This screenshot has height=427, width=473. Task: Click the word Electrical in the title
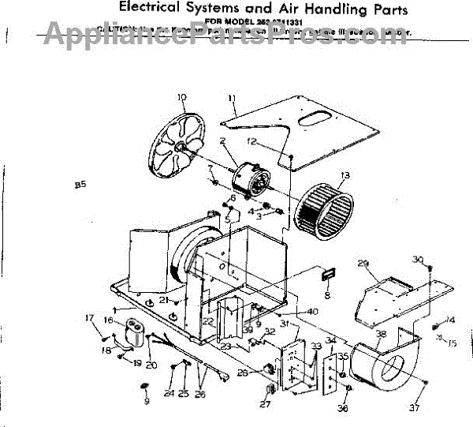(153, 9)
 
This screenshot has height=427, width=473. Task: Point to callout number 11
(233, 98)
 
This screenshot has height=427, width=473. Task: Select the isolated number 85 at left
(80, 185)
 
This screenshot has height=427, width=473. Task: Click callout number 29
(363, 264)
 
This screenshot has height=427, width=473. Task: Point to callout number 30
(418, 259)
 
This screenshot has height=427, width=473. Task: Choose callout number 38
(382, 334)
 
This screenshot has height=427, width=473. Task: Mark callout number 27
(265, 404)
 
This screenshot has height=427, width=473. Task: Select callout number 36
(343, 408)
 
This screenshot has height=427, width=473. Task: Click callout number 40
(313, 311)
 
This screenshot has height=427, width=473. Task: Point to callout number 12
(274, 142)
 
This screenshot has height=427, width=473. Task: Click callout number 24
(169, 392)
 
